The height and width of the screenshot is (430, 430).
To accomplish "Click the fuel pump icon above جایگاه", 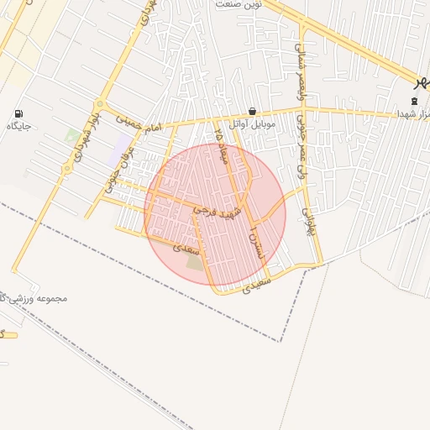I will coord(19,113).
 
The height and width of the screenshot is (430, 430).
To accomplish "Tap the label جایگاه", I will coord(19,127).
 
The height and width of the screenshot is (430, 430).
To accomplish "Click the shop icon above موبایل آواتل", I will coord(253,111).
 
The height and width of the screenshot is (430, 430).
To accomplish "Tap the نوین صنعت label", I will coord(239,5).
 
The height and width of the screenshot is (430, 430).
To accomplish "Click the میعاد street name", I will coord(222,147).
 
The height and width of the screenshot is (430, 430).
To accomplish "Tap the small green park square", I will coord(72,135).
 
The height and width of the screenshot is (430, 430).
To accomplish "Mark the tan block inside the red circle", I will coord(195,262).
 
